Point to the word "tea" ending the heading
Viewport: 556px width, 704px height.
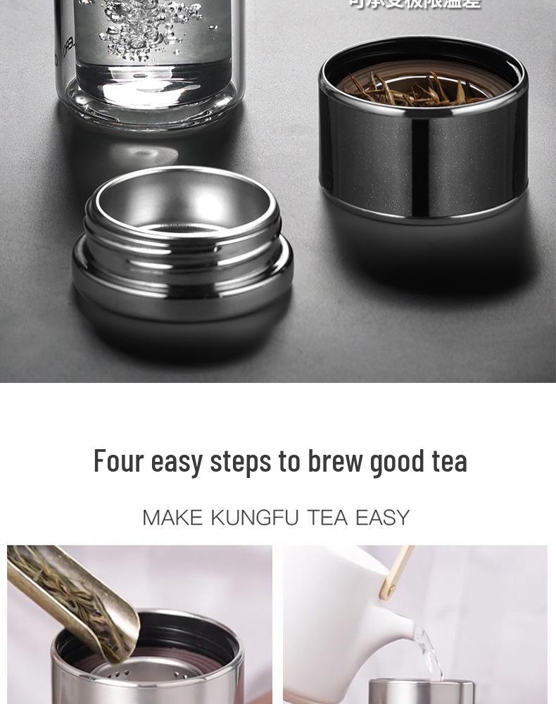[x=450, y=461]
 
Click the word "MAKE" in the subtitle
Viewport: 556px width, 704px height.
[x=172, y=518]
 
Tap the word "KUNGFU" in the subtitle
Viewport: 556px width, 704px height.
[x=250, y=518]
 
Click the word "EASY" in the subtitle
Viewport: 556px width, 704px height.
[x=382, y=518]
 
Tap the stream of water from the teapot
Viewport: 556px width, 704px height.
[x=428, y=651]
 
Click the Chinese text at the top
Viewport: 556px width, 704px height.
[x=415, y=4]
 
